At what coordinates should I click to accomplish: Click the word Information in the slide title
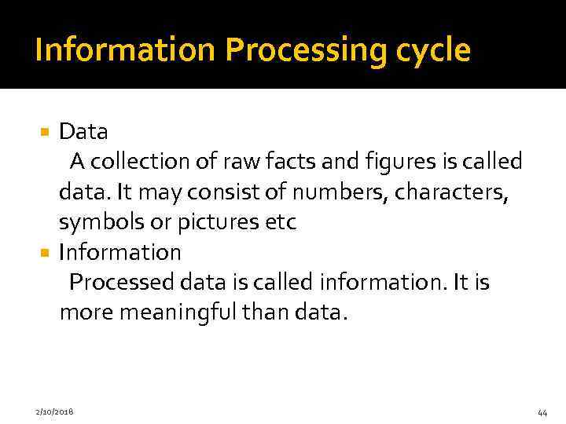[126, 50]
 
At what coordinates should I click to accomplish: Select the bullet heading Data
[83, 130]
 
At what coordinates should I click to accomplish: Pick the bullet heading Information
[120, 252]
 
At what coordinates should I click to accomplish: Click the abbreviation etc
[281, 222]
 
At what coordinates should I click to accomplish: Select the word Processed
[125, 282]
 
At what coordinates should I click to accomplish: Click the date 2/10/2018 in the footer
[55, 411]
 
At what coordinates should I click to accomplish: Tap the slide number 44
[542, 412]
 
